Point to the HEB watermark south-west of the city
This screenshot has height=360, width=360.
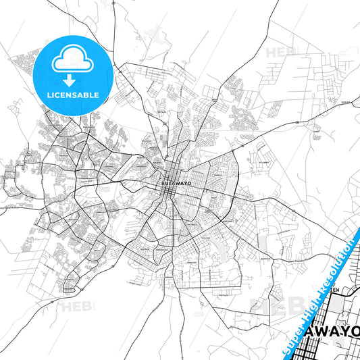[x=75, y=307]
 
